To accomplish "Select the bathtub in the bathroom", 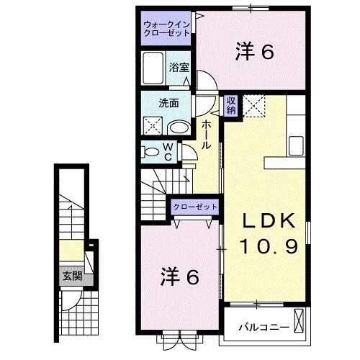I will pyautogui.click(x=153, y=69).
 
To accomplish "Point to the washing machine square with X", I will pyautogui.click(x=153, y=127).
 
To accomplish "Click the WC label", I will pyautogui.click(x=166, y=152).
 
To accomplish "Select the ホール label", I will pyautogui.click(x=206, y=135).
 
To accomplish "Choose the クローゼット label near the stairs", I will pyautogui.click(x=194, y=207).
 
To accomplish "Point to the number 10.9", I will pyautogui.click(x=264, y=247).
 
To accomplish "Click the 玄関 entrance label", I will pyautogui.click(x=70, y=276).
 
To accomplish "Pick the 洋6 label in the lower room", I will pyautogui.click(x=179, y=275).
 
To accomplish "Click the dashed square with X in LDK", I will pyautogui.click(x=254, y=106).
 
